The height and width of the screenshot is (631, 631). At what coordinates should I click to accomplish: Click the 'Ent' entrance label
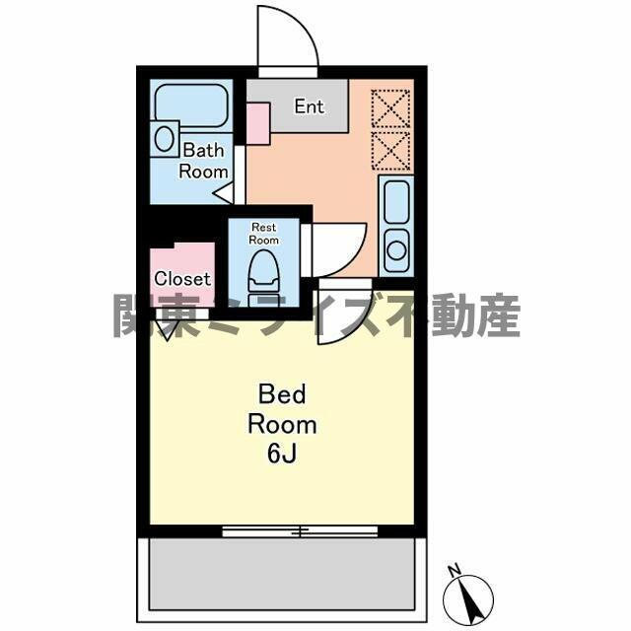(309, 106)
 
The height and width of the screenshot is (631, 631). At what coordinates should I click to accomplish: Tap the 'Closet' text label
(182, 278)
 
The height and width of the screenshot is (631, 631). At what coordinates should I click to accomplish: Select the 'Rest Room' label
(263, 234)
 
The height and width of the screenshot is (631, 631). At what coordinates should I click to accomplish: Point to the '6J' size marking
(282, 455)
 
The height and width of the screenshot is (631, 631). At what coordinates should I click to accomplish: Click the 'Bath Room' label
(204, 161)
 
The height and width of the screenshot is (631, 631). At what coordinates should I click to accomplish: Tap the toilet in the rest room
(264, 278)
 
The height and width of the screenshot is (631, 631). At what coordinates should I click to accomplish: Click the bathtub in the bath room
(191, 105)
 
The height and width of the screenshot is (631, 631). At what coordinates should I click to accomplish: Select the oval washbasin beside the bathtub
(165, 139)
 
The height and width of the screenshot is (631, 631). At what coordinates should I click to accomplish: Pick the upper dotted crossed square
(390, 109)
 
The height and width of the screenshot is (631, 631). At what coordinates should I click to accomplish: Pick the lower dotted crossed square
(390, 151)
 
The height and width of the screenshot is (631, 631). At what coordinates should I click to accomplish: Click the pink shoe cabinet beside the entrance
(258, 123)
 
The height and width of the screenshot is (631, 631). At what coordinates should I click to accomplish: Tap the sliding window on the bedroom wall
(300, 531)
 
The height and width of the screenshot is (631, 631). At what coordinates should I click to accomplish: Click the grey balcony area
(282, 574)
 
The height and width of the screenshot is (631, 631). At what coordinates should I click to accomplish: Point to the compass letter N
(455, 570)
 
